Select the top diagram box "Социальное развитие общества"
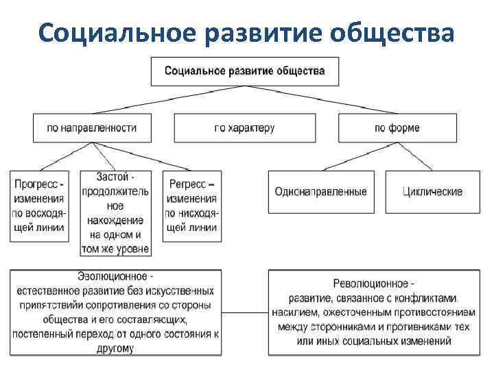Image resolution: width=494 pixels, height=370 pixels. coord(244,71)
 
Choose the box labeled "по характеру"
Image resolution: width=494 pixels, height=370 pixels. coord(244,127)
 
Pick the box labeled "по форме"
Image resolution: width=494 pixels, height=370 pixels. coord(397,127)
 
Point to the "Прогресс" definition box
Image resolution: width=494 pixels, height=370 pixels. coord(39,206)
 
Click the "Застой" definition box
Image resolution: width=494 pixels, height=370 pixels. coord(115,212)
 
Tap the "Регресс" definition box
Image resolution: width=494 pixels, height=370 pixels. coord(191,206)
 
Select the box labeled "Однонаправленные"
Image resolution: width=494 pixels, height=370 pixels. coord(320,192)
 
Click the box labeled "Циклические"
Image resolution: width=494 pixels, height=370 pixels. coord(433,192)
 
